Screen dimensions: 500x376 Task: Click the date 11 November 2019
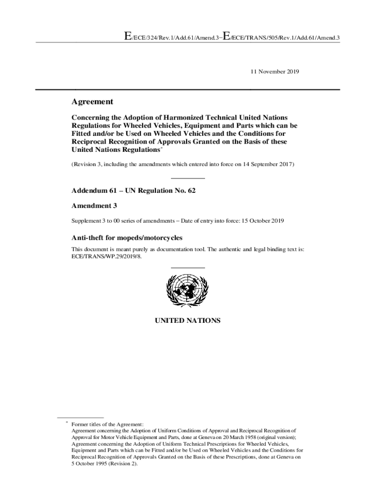(274, 71)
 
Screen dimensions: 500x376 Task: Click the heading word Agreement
(93, 102)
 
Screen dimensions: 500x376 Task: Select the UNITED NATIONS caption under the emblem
(188, 321)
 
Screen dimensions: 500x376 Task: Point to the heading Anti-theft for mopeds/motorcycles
(127, 238)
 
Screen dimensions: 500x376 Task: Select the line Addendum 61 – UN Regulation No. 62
(134, 190)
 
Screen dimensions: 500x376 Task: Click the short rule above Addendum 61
(188, 178)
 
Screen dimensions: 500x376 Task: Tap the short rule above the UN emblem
(188, 268)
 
